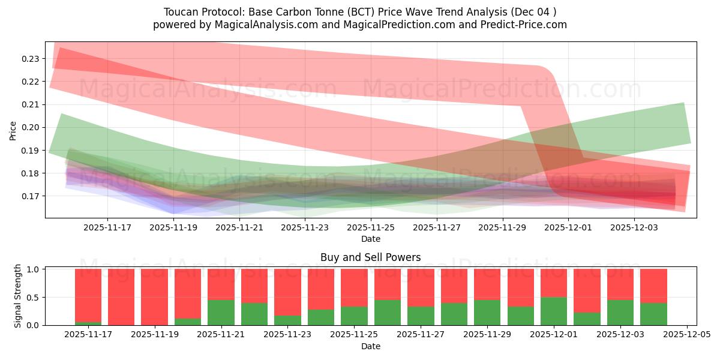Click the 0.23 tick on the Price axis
(31, 59)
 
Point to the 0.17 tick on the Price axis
(31, 196)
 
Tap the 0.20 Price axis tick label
(31, 127)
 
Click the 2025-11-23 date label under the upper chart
(305, 228)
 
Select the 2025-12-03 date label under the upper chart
(635, 228)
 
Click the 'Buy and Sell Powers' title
(370, 257)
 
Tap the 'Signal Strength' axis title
(18, 296)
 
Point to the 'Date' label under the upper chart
(370, 239)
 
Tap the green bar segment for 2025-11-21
(221, 312)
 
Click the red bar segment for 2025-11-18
(121, 297)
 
